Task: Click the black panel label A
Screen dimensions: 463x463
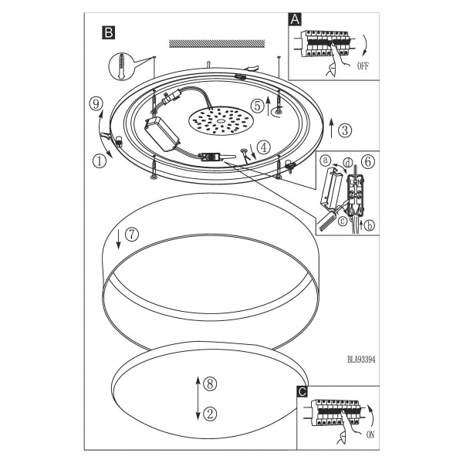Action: click(295, 19)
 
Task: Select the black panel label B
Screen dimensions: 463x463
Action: click(108, 32)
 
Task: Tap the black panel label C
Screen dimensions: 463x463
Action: click(302, 392)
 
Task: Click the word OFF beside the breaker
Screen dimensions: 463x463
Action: click(363, 66)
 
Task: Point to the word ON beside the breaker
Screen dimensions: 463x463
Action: click(370, 434)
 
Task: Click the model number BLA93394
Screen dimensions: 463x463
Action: click(361, 360)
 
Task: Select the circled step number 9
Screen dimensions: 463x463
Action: click(96, 104)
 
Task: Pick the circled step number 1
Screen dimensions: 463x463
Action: click(100, 161)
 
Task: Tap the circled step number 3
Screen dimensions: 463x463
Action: click(345, 130)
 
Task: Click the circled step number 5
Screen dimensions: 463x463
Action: click(258, 106)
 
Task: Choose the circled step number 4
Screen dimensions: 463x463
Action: click(264, 147)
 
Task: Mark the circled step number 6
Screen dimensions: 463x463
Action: click(368, 162)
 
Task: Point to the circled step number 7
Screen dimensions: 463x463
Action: click(132, 235)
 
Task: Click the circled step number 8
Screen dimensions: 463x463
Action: click(210, 384)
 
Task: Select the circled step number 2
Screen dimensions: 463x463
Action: click(210, 414)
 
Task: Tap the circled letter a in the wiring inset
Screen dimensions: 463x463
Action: click(326, 161)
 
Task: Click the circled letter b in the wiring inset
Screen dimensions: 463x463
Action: click(369, 226)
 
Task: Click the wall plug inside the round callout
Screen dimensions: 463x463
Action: click(121, 66)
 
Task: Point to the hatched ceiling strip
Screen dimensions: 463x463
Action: click(217, 43)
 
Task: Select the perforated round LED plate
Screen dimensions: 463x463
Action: click(221, 121)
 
